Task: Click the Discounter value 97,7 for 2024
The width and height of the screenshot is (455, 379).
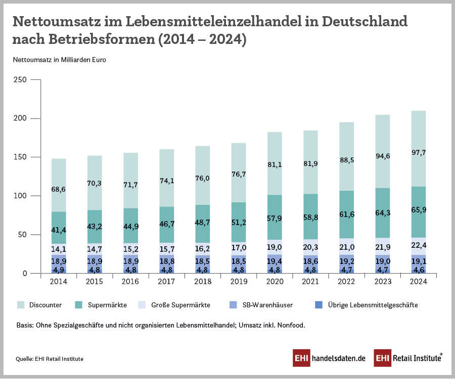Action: click(419, 152)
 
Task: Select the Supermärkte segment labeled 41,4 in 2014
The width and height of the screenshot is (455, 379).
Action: click(59, 230)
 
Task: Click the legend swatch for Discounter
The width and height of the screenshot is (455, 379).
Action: click(21, 305)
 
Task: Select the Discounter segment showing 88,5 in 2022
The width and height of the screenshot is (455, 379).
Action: click(347, 160)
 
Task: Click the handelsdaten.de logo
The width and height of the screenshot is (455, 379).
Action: click(329, 358)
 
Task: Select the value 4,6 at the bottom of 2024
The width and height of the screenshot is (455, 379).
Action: click(419, 270)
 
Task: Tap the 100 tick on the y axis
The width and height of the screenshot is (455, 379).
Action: click(18, 196)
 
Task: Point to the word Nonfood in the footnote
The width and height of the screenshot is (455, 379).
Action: click(289, 326)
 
